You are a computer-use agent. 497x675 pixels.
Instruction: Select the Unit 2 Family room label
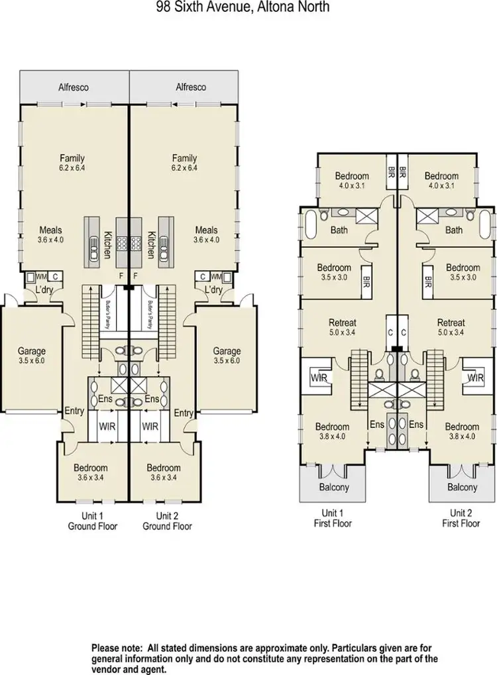coord(184,158)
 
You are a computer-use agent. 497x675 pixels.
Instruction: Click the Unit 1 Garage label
coord(32,351)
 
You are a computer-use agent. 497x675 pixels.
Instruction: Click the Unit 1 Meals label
coord(50,230)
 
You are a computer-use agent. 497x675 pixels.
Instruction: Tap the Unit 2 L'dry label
coord(213,290)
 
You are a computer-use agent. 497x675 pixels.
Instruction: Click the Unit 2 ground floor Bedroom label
coord(164,467)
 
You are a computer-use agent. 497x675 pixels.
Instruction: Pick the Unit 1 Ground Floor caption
coord(93,521)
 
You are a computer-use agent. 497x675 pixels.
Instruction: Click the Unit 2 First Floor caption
coord(461,518)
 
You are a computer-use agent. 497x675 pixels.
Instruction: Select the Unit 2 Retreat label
coord(451,323)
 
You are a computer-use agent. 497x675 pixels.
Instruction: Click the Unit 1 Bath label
coord(341,230)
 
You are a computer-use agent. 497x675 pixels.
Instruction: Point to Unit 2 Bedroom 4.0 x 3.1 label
coord(441,176)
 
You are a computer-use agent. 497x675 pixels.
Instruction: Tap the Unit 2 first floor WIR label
coord(474,378)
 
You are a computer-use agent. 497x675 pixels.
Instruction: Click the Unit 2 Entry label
coord(183,412)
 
